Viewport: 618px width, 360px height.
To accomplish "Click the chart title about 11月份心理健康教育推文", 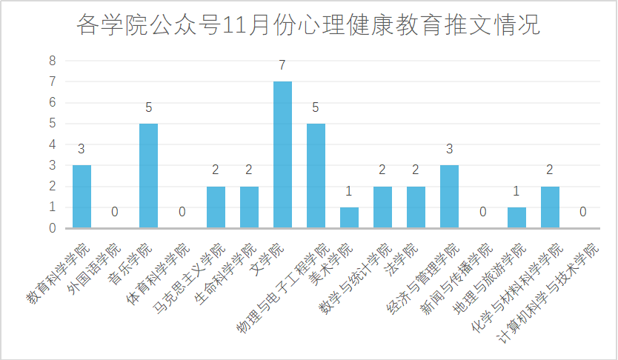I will pyautogui.click(x=309, y=26).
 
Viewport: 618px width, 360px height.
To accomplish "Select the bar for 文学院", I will pyautogui.click(x=282, y=155).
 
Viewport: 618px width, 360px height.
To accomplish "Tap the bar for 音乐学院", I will pyautogui.click(x=149, y=176).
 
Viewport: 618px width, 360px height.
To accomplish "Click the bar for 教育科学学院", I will pyautogui.click(x=82, y=196).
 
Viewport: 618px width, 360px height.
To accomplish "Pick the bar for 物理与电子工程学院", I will pyautogui.click(x=316, y=176).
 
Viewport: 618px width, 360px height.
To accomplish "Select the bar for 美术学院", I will pyautogui.click(x=349, y=218).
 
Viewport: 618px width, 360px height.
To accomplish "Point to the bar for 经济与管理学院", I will pyautogui.click(x=449, y=196).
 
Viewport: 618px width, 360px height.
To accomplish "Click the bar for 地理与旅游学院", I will pyautogui.click(x=516, y=218).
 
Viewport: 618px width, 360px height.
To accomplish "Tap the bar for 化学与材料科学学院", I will pyautogui.click(x=550, y=207).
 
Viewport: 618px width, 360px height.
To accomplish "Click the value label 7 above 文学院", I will pyautogui.click(x=282, y=66).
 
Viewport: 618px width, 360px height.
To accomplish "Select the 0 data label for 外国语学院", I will pyautogui.click(x=115, y=213).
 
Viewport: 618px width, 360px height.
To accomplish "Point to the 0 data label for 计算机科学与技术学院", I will pyautogui.click(x=583, y=213).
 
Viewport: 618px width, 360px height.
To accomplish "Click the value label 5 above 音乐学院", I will pyautogui.click(x=149, y=108).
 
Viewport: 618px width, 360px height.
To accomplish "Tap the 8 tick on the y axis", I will pyautogui.click(x=53, y=61).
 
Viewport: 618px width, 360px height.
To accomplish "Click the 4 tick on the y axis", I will pyautogui.click(x=53, y=144).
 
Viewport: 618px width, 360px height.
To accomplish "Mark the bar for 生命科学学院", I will pyautogui.click(x=249, y=207).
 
